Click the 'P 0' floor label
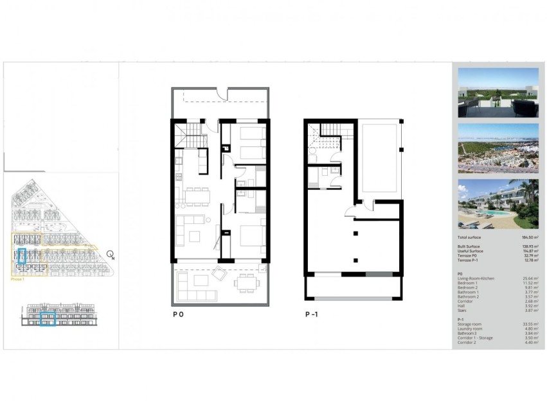(178, 315)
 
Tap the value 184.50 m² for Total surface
(528, 237)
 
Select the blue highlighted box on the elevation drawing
(48, 319)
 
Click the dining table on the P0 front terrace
(244, 282)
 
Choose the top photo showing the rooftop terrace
(498, 92)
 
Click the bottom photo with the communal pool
(498, 204)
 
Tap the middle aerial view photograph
(498, 148)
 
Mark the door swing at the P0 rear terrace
(220, 95)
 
